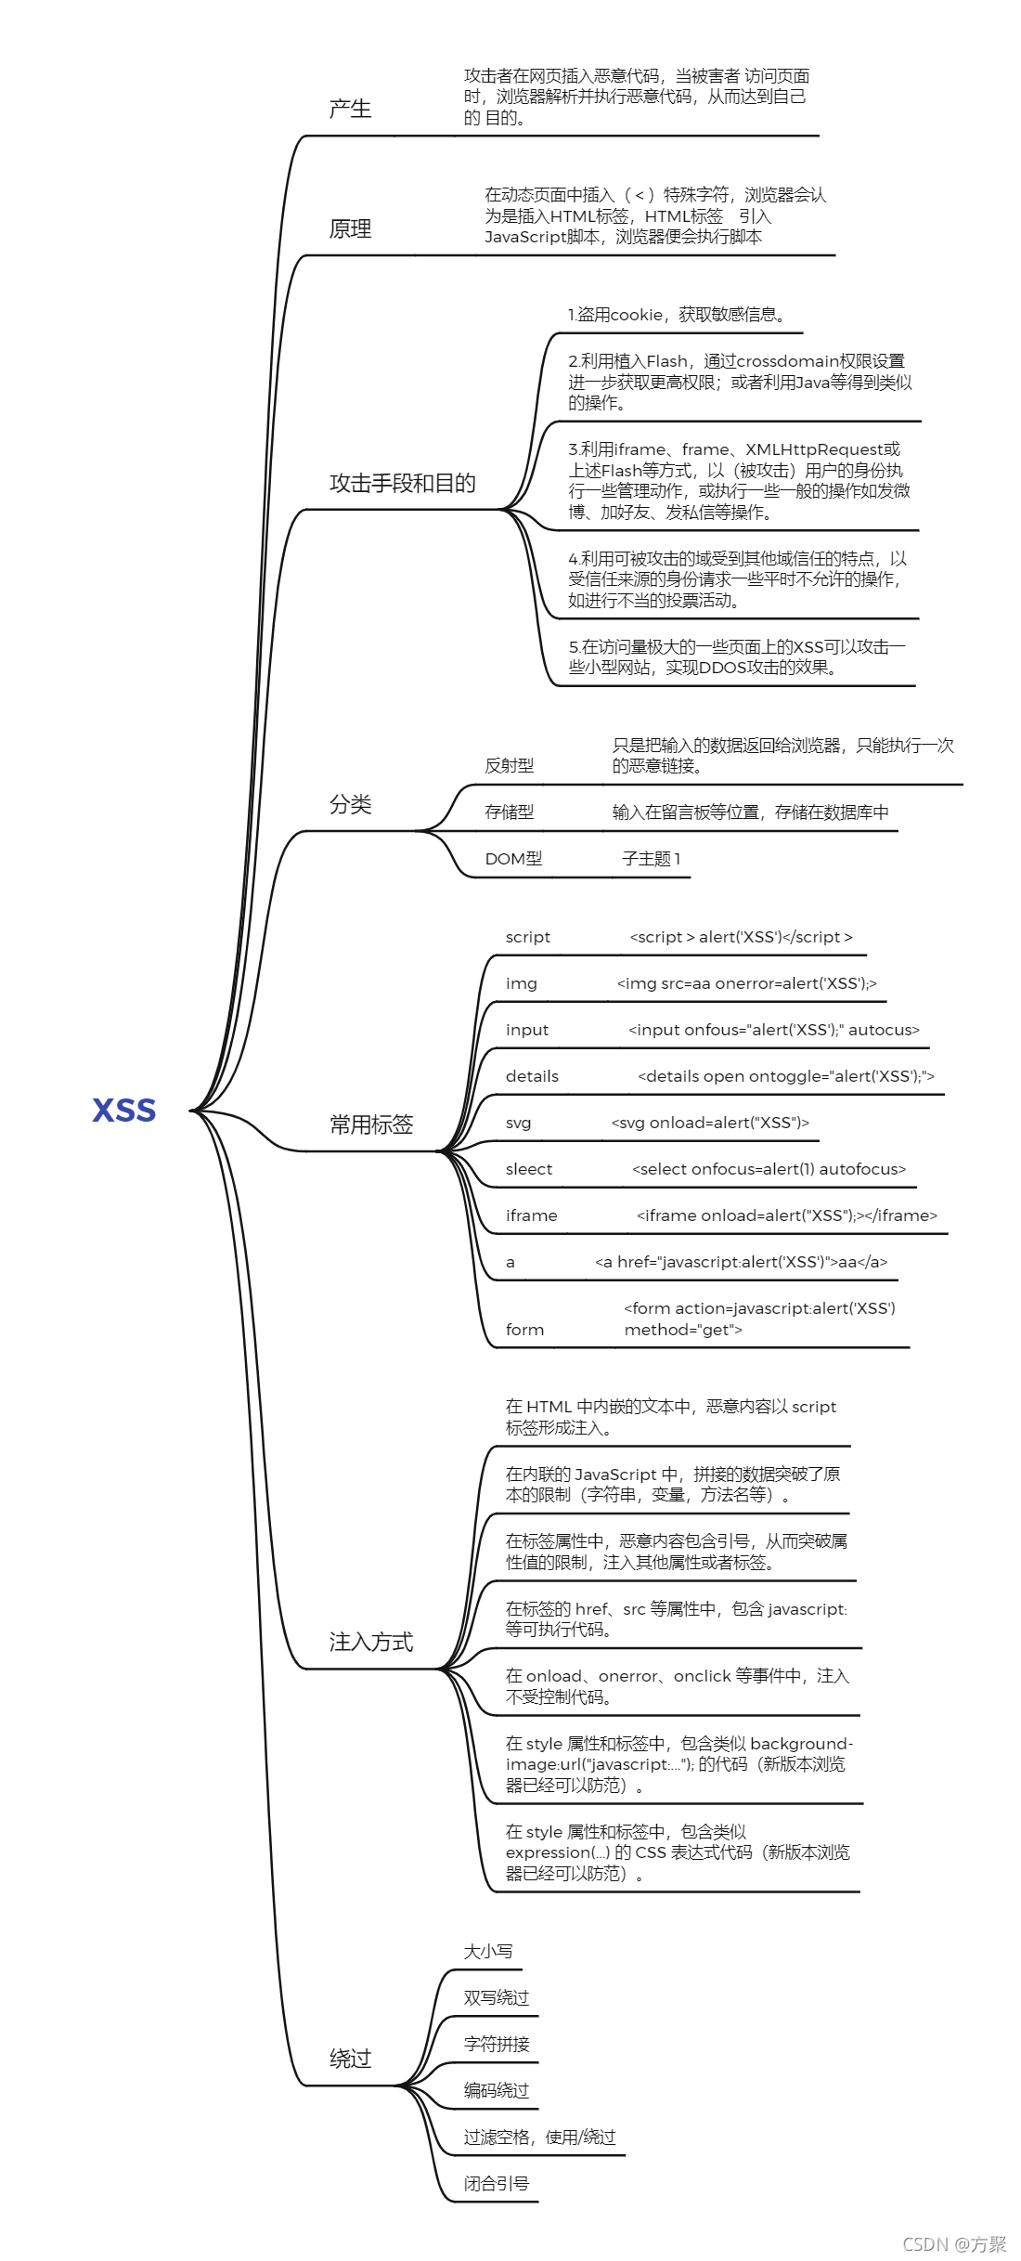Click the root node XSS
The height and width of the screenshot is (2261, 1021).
(123, 1110)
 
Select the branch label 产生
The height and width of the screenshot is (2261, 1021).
(350, 110)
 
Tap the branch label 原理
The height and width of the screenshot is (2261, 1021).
(350, 229)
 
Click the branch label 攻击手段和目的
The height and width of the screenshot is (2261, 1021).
(402, 484)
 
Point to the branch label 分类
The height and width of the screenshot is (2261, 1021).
(350, 805)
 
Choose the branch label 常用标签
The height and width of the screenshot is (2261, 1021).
(371, 1125)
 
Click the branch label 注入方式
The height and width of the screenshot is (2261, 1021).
(371, 1643)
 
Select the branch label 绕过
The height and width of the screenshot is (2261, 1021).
(350, 2059)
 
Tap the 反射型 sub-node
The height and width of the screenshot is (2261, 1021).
(509, 766)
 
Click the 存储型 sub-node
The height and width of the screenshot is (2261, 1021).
(509, 812)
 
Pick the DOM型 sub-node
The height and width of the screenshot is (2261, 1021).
(513, 859)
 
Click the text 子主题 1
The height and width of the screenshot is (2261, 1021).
(651, 859)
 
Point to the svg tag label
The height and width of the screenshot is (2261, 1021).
(518, 1123)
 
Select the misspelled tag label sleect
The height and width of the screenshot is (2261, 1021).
(528, 1169)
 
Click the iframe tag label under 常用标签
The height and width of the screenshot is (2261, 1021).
(531, 1215)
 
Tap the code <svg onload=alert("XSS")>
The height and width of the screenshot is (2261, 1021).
(710, 1123)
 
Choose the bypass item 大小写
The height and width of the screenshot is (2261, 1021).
(488, 1952)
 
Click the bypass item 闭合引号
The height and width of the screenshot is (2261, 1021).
(497, 2184)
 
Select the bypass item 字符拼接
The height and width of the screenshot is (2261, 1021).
(497, 2045)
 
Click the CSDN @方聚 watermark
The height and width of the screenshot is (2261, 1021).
(954, 2244)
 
